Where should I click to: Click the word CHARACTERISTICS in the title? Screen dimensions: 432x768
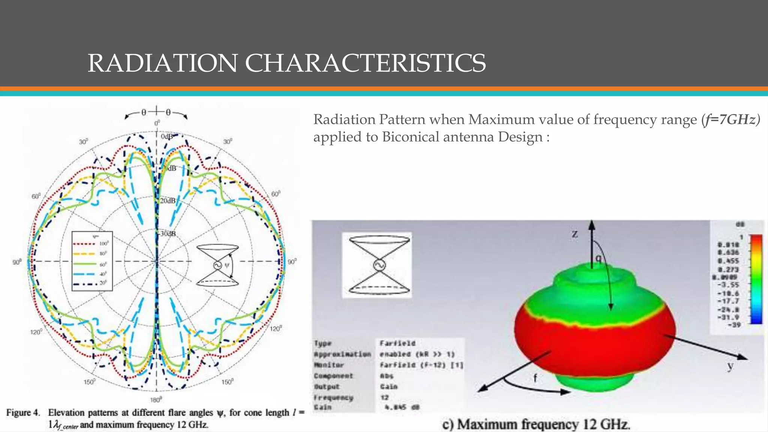click(x=365, y=63)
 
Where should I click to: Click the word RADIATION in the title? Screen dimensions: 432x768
click(x=162, y=63)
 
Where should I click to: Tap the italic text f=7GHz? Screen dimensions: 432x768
click(x=731, y=119)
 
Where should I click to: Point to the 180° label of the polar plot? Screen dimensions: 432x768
click(x=156, y=399)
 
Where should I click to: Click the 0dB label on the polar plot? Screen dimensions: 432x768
click(x=167, y=136)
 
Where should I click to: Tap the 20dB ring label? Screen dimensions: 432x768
click(x=168, y=201)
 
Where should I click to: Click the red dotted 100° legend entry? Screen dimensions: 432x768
click(x=91, y=244)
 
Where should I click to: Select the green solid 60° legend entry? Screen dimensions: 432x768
click(x=91, y=264)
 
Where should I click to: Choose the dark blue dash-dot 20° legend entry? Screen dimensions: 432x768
click(x=91, y=284)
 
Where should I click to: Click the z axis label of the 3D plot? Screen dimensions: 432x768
click(x=575, y=234)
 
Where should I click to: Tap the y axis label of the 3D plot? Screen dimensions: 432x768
click(x=730, y=365)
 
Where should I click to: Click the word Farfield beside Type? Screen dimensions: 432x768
click(x=397, y=343)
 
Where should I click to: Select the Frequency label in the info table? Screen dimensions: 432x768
click(x=333, y=397)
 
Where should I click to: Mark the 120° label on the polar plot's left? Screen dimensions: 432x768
click(x=36, y=332)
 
